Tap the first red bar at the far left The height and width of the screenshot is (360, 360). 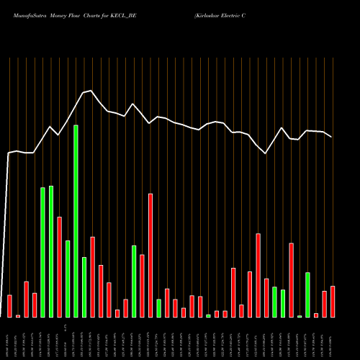click(x=9, y=306)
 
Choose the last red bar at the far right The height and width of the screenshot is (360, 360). click(x=333, y=302)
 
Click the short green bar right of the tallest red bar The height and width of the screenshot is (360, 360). click(x=158, y=308)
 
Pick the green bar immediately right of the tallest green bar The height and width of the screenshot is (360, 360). click(x=84, y=287)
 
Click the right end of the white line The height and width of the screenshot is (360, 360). click(x=331, y=137)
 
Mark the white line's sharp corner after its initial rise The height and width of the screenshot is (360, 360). click(x=9, y=153)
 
